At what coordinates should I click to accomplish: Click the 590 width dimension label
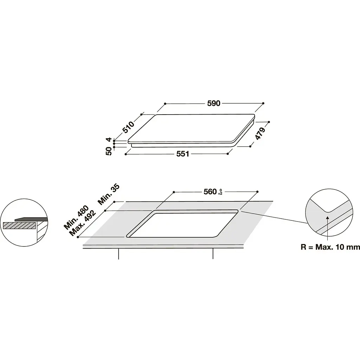coord(213,103)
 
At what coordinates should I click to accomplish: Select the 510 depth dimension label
coord(128,127)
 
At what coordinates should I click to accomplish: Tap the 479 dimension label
coord(260,133)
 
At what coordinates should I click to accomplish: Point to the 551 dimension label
coord(183,154)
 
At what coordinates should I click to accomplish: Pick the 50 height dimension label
coord(109,151)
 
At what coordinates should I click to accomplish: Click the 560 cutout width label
coord(210,192)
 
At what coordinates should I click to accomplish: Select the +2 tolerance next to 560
coord(220,194)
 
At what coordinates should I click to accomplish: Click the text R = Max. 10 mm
coord(330,247)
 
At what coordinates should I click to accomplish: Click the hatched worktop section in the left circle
coord(20,225)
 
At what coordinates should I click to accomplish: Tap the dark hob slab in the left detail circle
coord(31,219)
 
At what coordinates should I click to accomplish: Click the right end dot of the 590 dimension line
coord(263,103)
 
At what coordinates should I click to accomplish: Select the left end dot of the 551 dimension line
coord(126,154)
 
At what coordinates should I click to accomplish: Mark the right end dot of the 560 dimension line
coord(257,192)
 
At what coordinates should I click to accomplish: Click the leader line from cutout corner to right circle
coord(274,217)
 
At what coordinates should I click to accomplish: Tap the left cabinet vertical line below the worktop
coord(118,254)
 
